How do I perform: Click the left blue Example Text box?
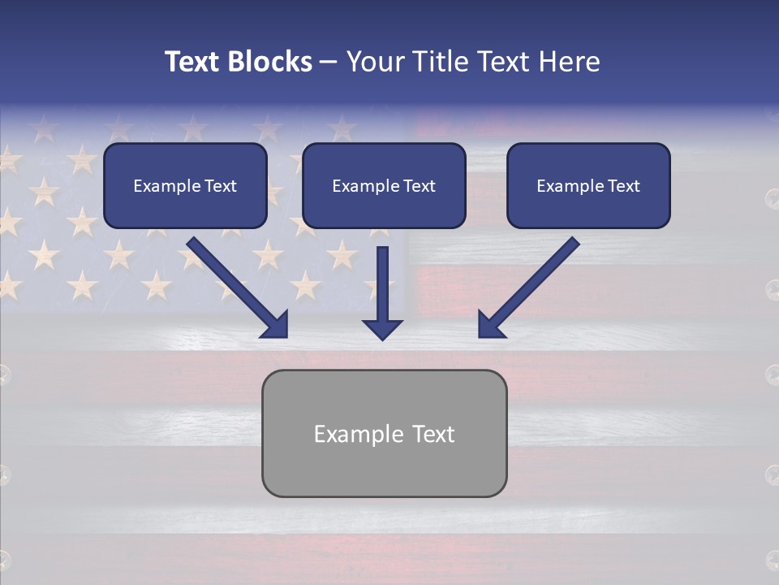tap(185, 186)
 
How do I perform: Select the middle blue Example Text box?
tap(384, 186)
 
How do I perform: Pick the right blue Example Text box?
tap(588, 186)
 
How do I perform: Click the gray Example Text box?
tap(384, 433)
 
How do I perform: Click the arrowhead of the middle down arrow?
tap(382, 328)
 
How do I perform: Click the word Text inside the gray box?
tap(431, 434)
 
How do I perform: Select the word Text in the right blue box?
tap(623, 186)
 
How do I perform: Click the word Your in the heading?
tap(371, 62)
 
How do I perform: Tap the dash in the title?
tap(329, 63)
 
